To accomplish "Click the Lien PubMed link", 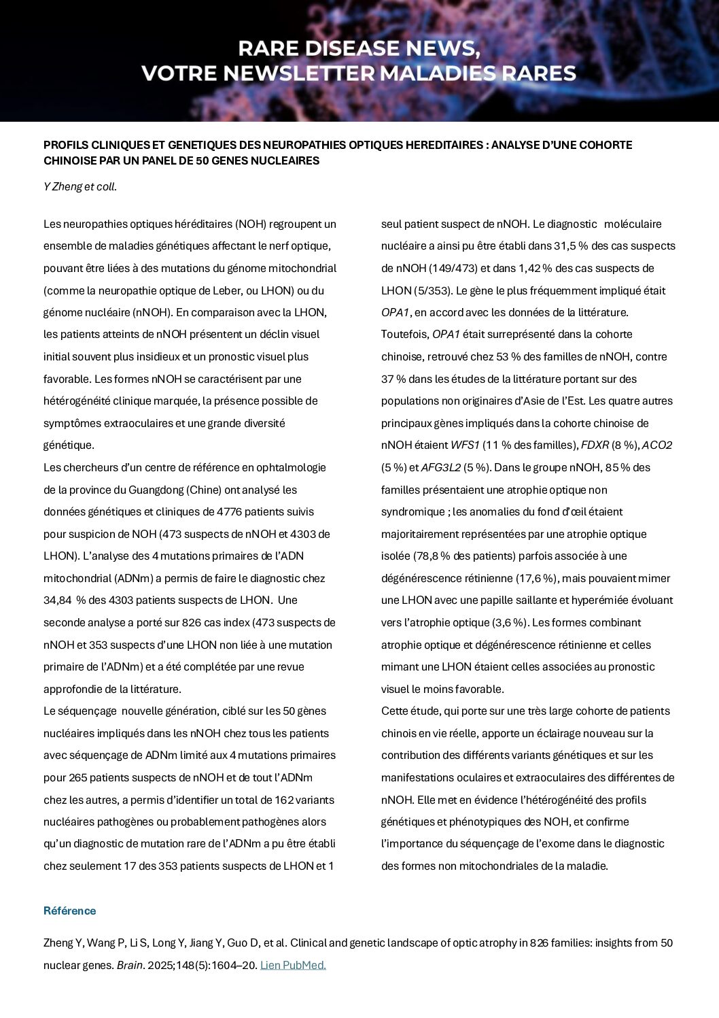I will pyautogui.click(x=293, y=965).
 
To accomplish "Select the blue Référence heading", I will pyautogui.click(x=69, y=911).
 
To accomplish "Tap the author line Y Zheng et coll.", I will pyautogui.click(x=80, y=186).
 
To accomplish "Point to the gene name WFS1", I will pyautogui.click(x=465, y=445).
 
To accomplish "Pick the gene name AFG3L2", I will pyautogui.click(x=440, y=467).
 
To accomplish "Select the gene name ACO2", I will pyautogui.click(x=656, y=445).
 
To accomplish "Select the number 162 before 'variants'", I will pyautogui.click(x=284, y=800).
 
